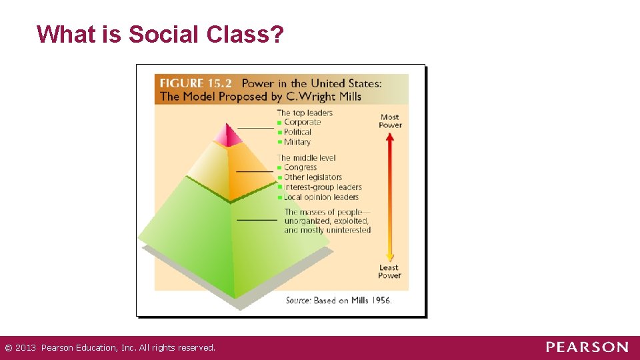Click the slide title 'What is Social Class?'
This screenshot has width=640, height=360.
click(160, 34)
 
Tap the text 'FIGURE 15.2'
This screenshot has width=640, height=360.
click(196, 83)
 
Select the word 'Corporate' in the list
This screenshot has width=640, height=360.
click(303, 122)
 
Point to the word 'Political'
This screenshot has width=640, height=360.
click(298, 132)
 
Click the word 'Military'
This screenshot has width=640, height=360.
click(297, 142)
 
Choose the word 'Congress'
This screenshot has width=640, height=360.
click(301, 167)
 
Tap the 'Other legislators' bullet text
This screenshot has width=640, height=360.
click(313, 177)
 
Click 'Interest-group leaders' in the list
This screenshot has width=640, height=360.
click(323, 187)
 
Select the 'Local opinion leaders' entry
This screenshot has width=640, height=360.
click(321, 197)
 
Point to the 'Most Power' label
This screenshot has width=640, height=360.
click(390, 121)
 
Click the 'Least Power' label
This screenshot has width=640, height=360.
click(389, 271)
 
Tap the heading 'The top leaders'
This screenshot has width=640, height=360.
click(305, 113)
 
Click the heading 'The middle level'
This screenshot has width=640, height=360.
click(307, 158)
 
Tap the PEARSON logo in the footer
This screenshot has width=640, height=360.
click(587, 347)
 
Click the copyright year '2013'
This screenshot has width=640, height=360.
click(26, 347)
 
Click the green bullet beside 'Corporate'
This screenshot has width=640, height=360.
click(280, 123)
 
